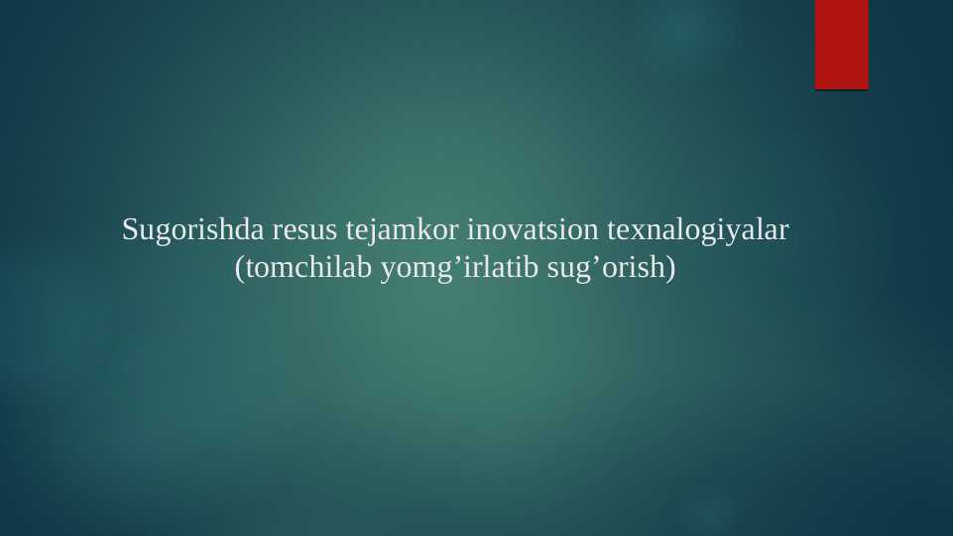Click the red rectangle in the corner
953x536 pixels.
[841, 45]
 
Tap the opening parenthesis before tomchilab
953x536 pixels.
[239, 268]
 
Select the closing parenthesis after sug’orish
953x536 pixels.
[670, 268]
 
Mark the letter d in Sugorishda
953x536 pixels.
[225, 231]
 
